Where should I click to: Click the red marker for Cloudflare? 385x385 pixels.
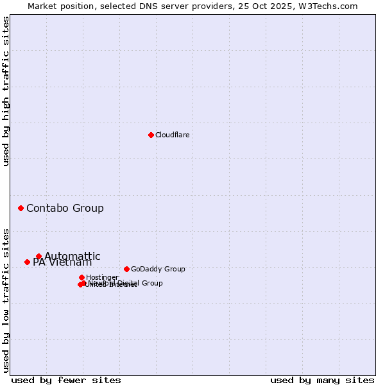tap(151, 135)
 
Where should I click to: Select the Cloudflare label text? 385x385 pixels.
tap(172, 135)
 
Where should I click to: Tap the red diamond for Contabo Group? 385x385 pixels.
tap(21, 208)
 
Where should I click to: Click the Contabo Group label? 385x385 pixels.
tap(65, 208)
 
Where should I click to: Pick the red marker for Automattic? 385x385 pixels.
tap(38, 256)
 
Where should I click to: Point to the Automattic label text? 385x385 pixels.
tap(73, 256)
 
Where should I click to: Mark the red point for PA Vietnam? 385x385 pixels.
tap(27, 262)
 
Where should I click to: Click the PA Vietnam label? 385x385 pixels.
tap(62, 262)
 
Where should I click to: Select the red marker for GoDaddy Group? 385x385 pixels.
tap(126, 269)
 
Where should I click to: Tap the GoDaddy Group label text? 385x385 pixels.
tap(158, 269)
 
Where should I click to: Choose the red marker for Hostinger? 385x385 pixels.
tap(81, 277)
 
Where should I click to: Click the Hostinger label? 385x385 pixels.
tap(102, 277)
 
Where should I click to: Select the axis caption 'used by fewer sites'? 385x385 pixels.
tap(66, 380)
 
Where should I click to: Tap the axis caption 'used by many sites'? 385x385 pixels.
tap(322, 380)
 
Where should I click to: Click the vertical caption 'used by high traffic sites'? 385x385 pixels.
tap(6, 91)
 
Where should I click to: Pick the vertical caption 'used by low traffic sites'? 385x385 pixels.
tap(6, 300)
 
